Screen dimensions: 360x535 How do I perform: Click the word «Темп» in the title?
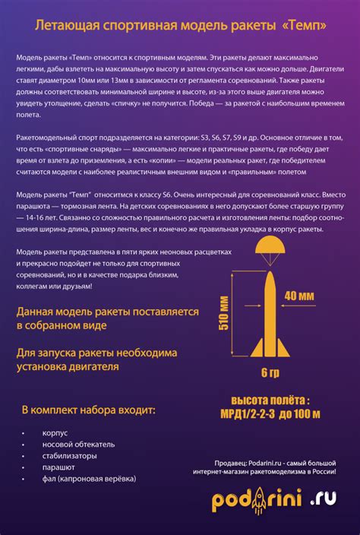304,26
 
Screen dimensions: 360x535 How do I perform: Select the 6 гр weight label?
270,372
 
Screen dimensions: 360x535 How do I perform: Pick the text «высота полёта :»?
270,400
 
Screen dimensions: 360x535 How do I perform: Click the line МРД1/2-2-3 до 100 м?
270,414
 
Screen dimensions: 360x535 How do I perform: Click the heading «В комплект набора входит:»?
88,410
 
